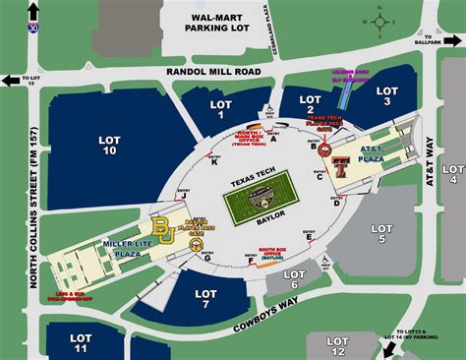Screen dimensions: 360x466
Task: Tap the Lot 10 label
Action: tap(110, 148)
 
